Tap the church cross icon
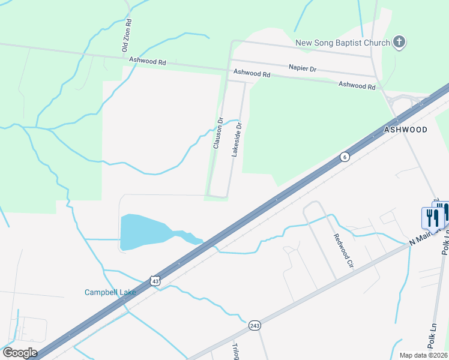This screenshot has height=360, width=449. (399, 42)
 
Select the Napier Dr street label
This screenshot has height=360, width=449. (302, 69)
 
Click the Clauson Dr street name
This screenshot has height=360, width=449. (218, 133)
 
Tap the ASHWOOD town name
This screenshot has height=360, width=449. (406, 130)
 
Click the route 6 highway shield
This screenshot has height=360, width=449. (343, 157)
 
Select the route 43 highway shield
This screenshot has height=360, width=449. (155, 281)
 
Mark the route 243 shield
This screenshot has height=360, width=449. (254, 325)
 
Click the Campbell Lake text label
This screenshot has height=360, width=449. (110, 293)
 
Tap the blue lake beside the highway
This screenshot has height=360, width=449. (144, 232)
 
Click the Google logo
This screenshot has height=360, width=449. (19, 353)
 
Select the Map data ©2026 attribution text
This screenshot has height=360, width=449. (423, 355)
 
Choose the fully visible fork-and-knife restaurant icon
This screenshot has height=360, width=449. (431, 217)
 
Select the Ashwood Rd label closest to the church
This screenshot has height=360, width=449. (357, 86)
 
